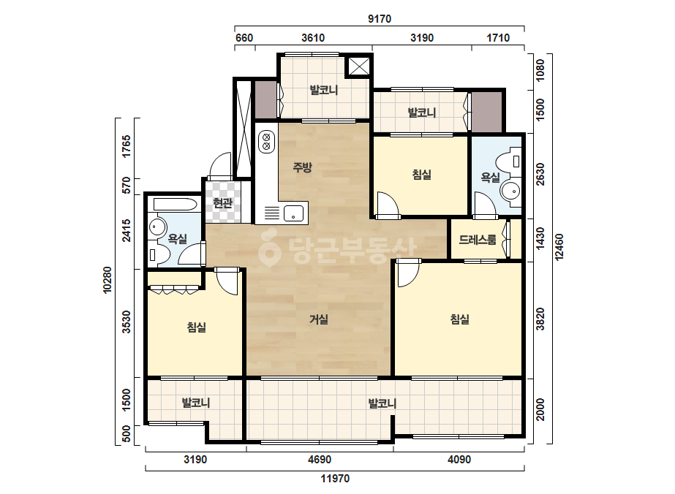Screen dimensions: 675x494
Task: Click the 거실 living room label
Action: click(319, 319)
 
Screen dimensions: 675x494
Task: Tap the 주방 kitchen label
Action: click(302, 167)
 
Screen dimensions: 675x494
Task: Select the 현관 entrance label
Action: click(223, 202)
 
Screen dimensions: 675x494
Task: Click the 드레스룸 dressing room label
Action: click(478, 239)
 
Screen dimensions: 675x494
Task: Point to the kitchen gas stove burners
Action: click(266, 142)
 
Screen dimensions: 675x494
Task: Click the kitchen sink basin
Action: click(293, 213)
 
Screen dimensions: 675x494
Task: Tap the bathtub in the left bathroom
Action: click(176, 204)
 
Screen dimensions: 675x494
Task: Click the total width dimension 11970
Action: click(335, 478)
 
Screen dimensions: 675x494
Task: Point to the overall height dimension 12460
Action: click(559, 247)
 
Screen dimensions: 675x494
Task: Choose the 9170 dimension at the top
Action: click(380, 19)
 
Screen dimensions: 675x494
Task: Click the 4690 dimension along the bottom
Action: click(320, 460)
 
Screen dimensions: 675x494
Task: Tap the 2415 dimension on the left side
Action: click(126, 230)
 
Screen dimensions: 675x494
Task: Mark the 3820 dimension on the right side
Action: click(540, 319)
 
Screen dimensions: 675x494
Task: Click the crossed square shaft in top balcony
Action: click(358, 66)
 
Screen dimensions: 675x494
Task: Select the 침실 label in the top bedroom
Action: click(421, 175)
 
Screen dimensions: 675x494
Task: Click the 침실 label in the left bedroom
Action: click(196, 327)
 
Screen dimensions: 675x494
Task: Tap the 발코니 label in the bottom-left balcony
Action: click(196, 403)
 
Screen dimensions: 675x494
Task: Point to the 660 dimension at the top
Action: click(244, 38)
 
